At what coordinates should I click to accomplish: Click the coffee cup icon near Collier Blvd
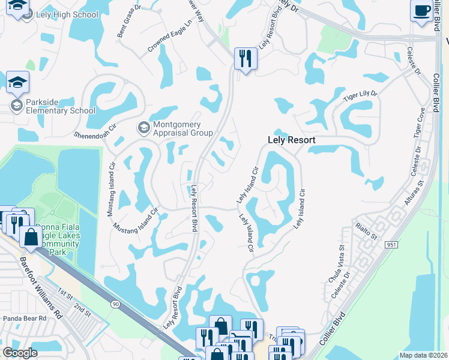point(422,10)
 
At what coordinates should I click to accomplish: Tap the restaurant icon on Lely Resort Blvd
point(245,58)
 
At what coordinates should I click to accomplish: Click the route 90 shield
point(114,305)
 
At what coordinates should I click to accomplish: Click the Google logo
point(20,353)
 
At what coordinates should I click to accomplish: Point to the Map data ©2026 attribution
point(423,355)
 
